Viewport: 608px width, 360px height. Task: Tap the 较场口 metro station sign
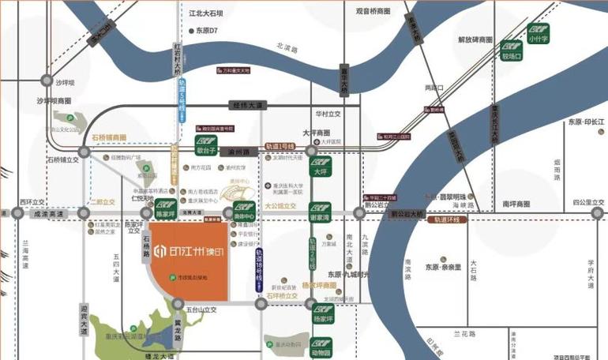tap(513, 52)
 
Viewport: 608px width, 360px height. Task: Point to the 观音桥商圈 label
tap(373, 12)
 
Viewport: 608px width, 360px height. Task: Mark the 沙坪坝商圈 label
tap(54, 101)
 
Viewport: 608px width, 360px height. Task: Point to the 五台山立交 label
tap(208, 310)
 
